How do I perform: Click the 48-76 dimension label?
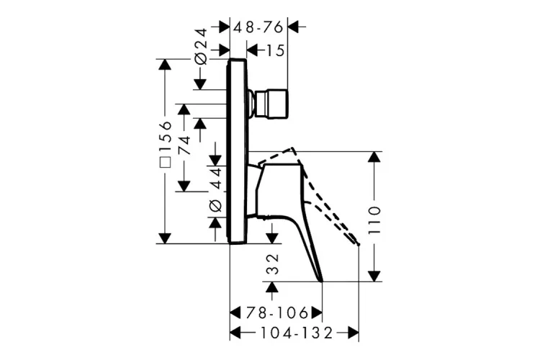[x=258, y=26]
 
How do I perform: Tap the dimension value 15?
[x=275, y=50]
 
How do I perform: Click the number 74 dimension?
[x=185, y=146]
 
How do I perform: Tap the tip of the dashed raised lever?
[x=356, y=243]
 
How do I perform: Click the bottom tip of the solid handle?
[x=320, y=279]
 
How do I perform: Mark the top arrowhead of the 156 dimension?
[x=166, y=66]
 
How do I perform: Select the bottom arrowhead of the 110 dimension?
[x=374, y=275]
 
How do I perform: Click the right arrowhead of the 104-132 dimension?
[x=353, y=333]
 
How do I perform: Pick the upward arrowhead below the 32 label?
[x=272, y=287]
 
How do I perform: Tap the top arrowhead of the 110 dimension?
[x=374, y=158]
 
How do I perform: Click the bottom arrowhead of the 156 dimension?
[x=166, y=238]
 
